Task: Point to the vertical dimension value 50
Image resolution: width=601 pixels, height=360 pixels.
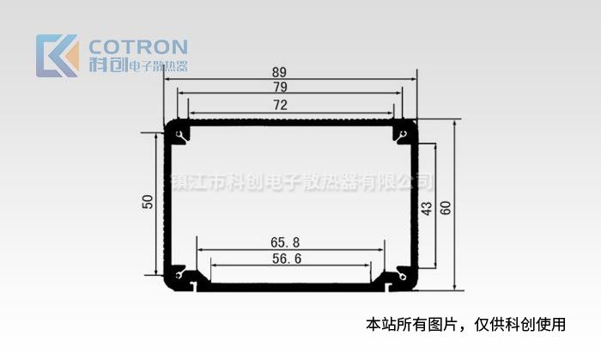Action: point(148,203)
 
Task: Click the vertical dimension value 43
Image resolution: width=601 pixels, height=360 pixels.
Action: point(427,208)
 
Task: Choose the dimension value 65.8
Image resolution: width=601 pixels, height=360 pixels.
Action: point(285,242)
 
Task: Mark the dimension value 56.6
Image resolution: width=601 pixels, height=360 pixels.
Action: point(285,259)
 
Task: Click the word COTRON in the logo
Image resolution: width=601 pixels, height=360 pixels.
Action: point(138,46)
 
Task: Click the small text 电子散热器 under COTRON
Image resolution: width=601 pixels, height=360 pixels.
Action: point(158,66)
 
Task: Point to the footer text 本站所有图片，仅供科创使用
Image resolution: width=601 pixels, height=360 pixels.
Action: point(466,325)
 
